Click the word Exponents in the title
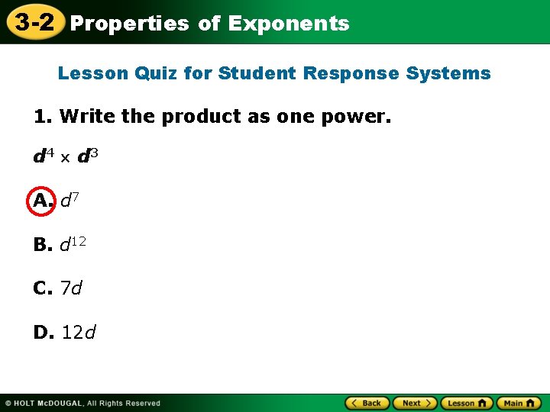[288, 24]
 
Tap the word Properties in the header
[129, 24]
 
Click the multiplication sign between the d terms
[66, 158]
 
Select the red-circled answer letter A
[41, 201]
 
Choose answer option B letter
[42, 245]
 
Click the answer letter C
[42, 288]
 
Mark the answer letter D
[43, 333]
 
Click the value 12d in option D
[79, 333]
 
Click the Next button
[416, 403]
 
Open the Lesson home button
[467, 403]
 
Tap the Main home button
[519, 403]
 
